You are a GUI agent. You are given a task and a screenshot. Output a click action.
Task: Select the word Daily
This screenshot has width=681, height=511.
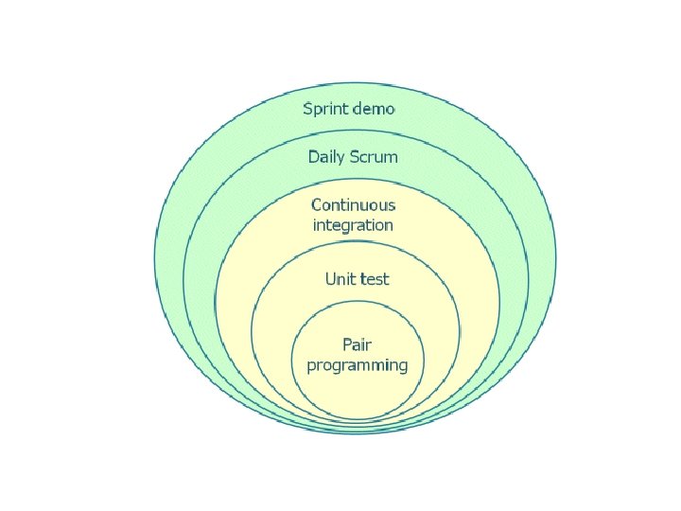[327, 157]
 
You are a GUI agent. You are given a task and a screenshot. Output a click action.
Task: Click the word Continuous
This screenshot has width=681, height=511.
[354, 204]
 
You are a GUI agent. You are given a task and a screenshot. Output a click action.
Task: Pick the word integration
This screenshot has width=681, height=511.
[353, 225]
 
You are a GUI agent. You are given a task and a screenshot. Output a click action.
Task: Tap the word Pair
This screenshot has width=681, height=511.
[357, 344]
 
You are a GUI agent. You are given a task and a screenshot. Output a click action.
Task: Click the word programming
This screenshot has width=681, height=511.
[358, 365]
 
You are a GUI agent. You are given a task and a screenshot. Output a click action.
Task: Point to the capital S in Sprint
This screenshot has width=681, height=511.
[307, 108]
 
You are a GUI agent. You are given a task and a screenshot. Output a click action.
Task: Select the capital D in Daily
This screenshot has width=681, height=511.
[313, 156]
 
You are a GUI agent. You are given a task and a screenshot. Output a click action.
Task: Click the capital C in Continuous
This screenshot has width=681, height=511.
[317, 204]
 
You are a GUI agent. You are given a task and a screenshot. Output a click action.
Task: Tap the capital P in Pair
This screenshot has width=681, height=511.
[347, 344]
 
